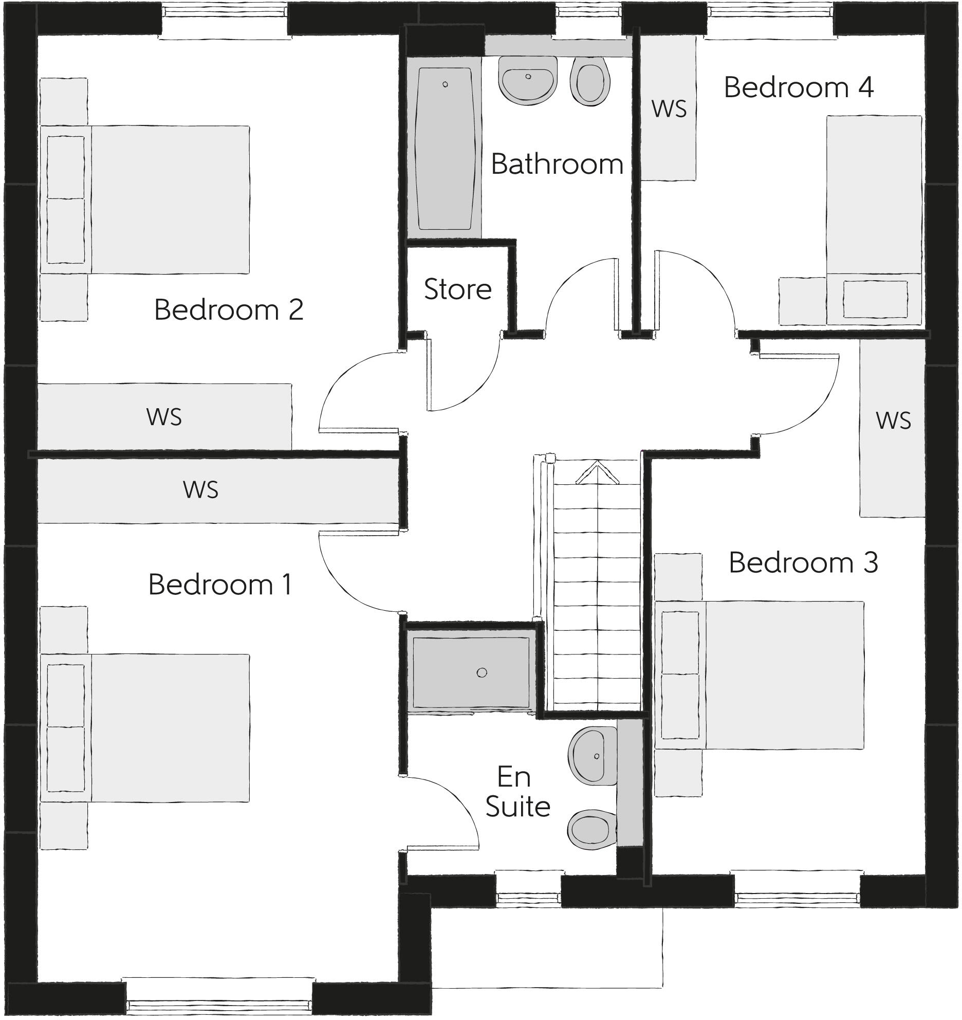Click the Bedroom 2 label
pos(229,310)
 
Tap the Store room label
pos(457,289)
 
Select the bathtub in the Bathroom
pos(445,149)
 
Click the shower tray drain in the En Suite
pos(482,672)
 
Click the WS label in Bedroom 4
pos(669,109)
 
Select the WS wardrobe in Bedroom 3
pos(893,428)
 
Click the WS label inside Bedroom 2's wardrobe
pos(164,417)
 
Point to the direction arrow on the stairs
pos(598,472)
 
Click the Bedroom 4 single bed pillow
pos(875,299)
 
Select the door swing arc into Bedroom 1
pos(349,581)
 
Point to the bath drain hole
pos(445,84)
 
